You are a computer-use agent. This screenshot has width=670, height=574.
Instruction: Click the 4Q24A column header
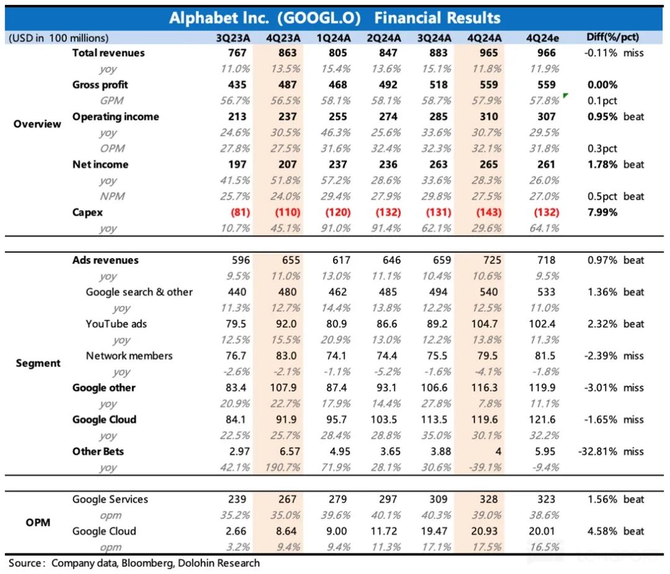tap(485, 38)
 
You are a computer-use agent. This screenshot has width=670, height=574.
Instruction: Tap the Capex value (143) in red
tap(485, 212)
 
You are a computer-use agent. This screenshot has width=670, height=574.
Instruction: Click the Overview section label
tap(38, 123)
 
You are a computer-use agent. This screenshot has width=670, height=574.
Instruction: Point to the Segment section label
tap(38, 363)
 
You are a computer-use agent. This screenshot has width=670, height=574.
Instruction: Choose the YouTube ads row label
tap(116, 324)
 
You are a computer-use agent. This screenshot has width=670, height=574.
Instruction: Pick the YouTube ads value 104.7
tap(485, 324)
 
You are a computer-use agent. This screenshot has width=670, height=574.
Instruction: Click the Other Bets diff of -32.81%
tap(601, 452)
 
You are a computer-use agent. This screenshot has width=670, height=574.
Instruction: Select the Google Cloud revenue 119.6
tap(485, 419)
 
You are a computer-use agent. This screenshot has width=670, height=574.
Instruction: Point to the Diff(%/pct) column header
tap(614, 38)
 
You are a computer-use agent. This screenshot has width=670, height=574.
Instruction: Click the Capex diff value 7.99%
tap(601, 212)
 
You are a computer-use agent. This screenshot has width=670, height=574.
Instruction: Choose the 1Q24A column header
tap(333, 38)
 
